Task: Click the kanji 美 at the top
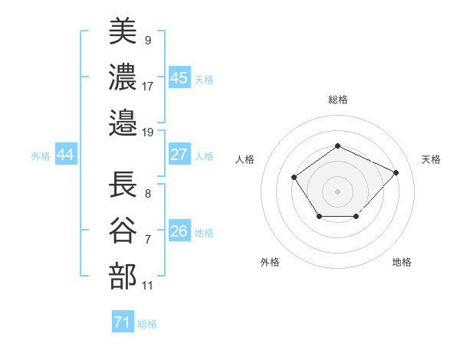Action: point(123,31)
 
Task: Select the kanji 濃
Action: point(123,77)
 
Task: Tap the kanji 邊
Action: point(123,123)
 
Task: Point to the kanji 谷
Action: point(123,231)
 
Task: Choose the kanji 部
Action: point(123,277)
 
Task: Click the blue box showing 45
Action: point(179,77)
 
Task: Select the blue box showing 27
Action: point(179,155)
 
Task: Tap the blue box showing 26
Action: point(179,231)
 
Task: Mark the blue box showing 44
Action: point(65,155)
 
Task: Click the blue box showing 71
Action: point(122,322)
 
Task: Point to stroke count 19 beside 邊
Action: point(149,133)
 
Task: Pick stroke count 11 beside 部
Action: point(148,286)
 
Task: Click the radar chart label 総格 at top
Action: point(337,100)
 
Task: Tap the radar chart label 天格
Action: point(432,159)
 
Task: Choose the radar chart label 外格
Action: point(270,262)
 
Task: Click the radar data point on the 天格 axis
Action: point(396,172)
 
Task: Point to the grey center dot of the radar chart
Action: point(337,191)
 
